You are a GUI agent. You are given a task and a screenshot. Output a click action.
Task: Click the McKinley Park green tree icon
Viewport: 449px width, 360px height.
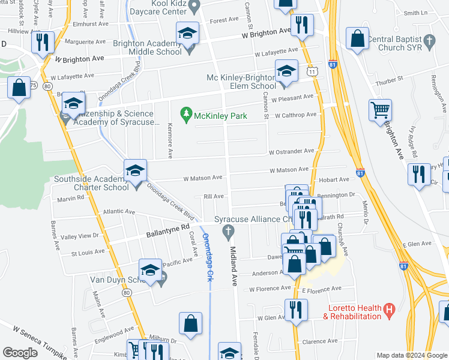pyautogui.click(x=187, y=113)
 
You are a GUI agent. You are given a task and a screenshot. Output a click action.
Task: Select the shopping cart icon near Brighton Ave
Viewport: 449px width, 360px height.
pyautogui.click(x=380, y=110)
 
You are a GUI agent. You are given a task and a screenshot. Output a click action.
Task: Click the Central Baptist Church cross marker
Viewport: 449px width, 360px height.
pyautogui.click(x=429, y=41)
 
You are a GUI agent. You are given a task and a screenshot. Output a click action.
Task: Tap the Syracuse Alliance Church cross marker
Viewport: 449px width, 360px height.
pyautogui.click(x=228, y=231)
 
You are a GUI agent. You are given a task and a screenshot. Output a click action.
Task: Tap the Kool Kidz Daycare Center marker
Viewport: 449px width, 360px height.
pyautogui.click(x=194, y=7)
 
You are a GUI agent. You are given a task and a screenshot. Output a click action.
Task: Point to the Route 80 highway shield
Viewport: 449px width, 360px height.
pyautogui.click(x=127, y=293)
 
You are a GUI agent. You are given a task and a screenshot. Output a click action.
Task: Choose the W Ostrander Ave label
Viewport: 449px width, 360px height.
pyautogui.click(x=291, y=151)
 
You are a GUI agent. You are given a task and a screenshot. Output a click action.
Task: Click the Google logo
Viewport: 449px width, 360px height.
pyautogui.click(x=20, y=353)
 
